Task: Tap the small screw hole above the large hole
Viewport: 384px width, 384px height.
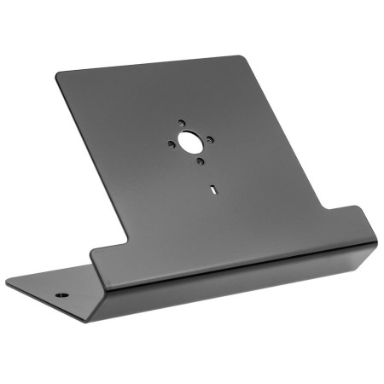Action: tap(181, 123)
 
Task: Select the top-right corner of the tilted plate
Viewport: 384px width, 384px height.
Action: tap(242, 58)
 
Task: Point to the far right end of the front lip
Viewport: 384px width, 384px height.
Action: tap(375, 247)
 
